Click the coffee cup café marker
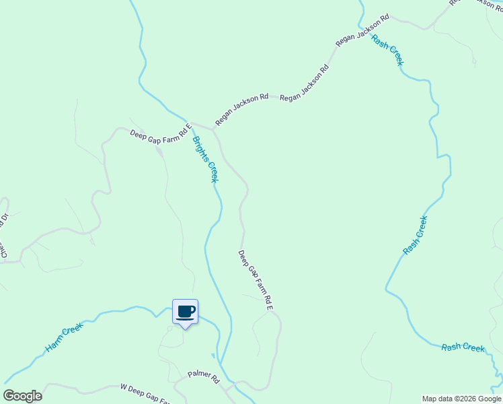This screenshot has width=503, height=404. click(x=185, y=312)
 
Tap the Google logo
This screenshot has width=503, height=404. click(x=23, y=396)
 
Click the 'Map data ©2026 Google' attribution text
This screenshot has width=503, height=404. click(x=461, y=399)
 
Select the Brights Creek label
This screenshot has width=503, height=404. click(x=205, y=160)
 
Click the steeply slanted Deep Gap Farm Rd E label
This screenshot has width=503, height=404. click(x=256, y=280)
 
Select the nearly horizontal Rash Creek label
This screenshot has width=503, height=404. click(x=463, y=347)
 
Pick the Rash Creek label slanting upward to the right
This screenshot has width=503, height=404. click(x=415, y=235)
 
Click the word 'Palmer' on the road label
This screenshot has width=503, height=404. click(x=200, y=374)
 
